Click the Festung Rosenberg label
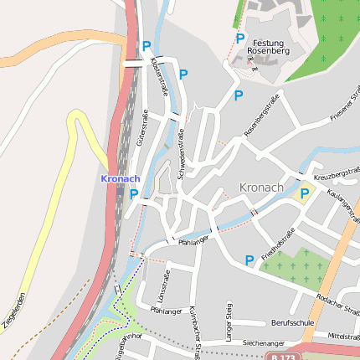(x=268, y=45)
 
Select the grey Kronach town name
(x=262, y=187)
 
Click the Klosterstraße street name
(x=157, y=75)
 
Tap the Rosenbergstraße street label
(x=260, y=116)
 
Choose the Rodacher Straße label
(x=338, y=301)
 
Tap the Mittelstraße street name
(x=343, y=335)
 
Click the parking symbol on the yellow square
(x=305, y=194)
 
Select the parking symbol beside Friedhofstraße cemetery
(x=249, y=260)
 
